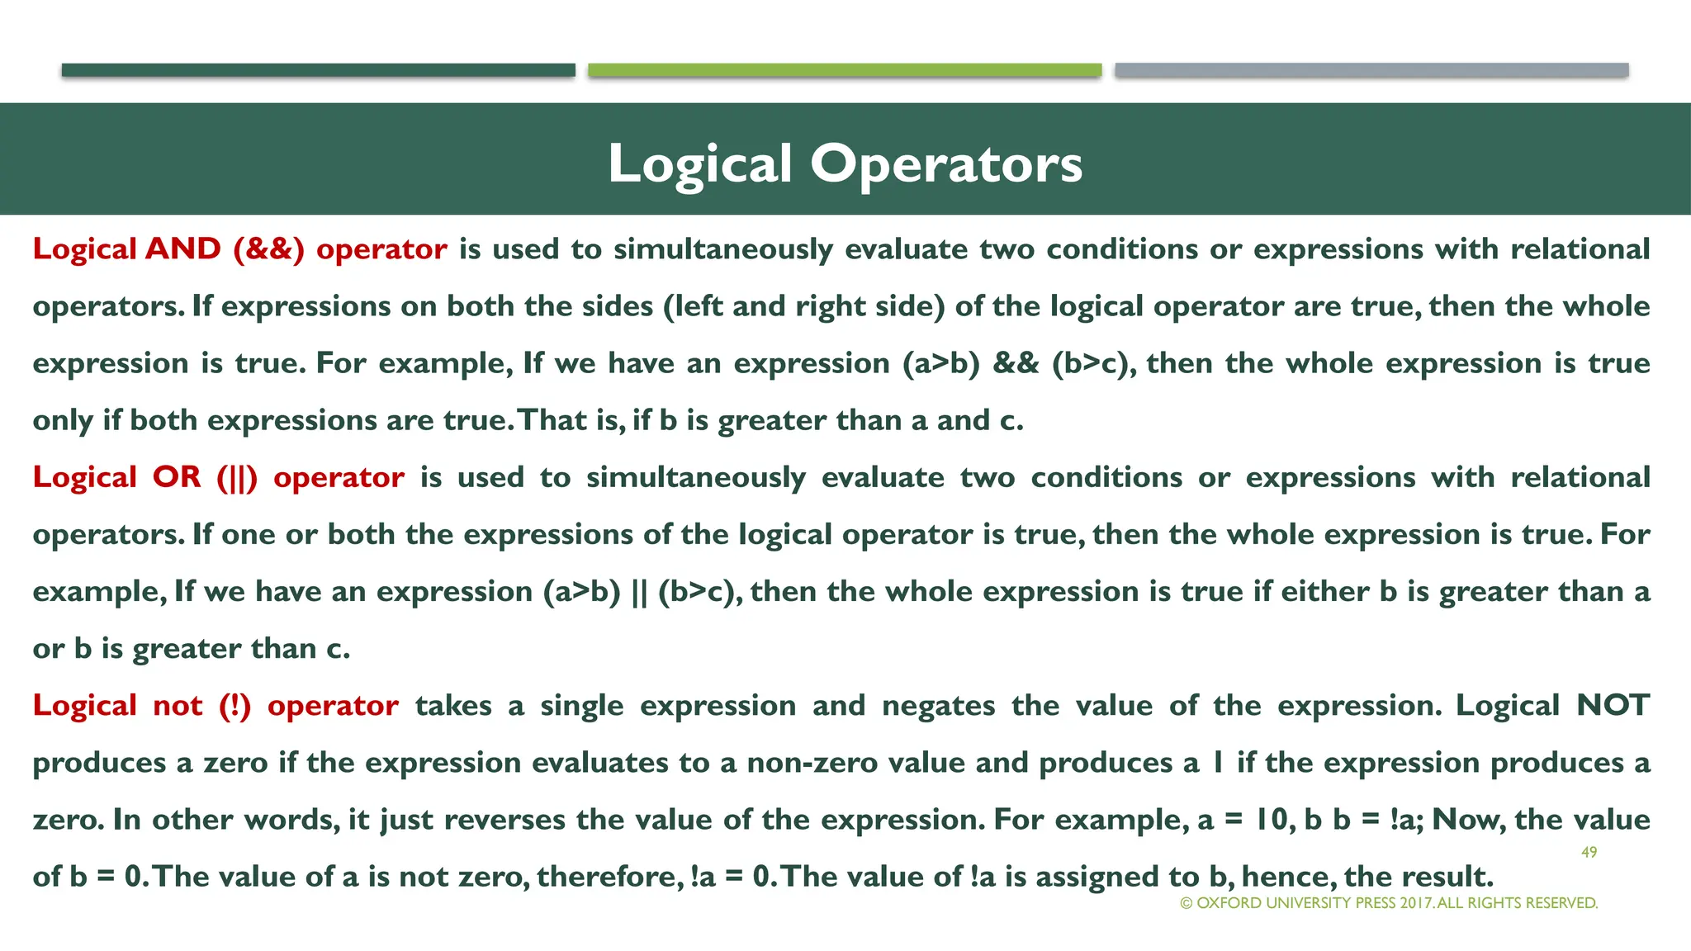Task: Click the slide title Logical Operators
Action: point(845,163)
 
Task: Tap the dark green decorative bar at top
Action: point(318,70)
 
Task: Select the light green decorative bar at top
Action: point(845,70)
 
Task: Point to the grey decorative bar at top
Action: point(1371,70)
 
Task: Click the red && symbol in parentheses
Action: point(269,249)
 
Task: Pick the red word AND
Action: point(182,249)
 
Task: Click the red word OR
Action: point(177,477)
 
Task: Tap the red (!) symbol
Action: point(234,706)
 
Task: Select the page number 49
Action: point(1589,852)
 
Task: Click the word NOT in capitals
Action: point(1613,706)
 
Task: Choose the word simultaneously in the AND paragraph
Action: point(723,249)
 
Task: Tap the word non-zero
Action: point(812,763)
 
